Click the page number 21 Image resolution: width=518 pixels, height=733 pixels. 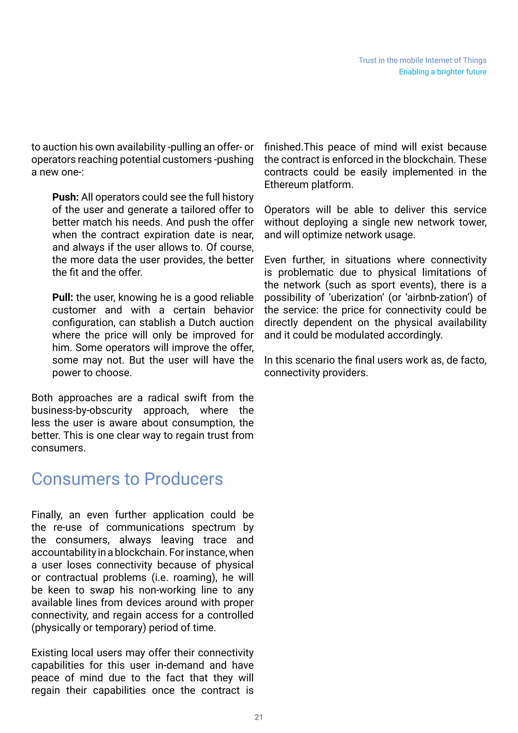pos(259,717)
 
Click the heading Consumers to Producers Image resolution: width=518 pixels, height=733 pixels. pos(127,479)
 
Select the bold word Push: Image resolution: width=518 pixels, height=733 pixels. pos(66,197)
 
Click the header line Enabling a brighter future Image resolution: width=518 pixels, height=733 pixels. pos(442,72)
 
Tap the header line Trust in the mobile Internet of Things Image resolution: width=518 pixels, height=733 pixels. pos(422,60)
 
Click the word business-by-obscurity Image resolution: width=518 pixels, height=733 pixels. pos(82,410)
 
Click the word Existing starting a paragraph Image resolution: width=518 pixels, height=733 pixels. pos(49,653)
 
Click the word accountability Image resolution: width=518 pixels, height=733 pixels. pos(64,552)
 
